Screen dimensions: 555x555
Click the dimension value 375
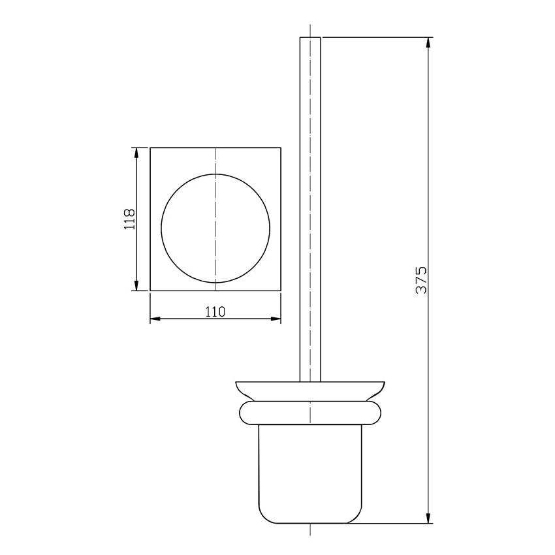point(421,279)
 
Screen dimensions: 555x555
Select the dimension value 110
point(215,312)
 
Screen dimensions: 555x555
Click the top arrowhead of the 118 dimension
point(136,153)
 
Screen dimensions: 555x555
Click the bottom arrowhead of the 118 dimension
point(136,285)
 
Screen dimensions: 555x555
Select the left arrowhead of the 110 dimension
point(155,319)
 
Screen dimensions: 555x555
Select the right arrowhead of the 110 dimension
point(276,319)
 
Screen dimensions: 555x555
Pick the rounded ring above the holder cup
point(310,413)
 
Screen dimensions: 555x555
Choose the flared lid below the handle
point(310,390)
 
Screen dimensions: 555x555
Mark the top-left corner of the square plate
point(151,148)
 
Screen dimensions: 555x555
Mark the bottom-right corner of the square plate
point(280,291)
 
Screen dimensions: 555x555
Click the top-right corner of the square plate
point(280,148)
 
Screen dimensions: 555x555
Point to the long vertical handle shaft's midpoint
point(310,209)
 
